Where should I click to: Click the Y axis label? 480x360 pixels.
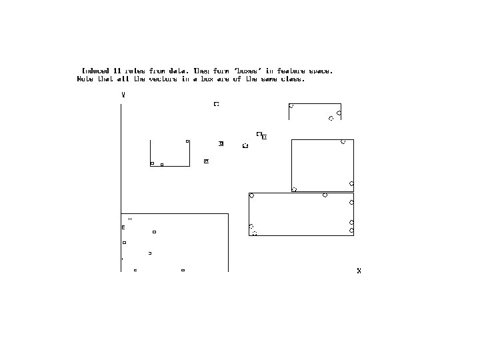coord(123,95)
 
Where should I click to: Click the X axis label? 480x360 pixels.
coord(359,271)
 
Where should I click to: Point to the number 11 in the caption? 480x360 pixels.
coord(118,71)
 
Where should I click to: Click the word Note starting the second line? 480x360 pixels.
coord(85,79)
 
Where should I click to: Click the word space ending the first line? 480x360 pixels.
coord(322,71)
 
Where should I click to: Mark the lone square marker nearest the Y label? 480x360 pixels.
coord(216,104)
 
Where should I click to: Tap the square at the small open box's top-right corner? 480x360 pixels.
coord(187,141)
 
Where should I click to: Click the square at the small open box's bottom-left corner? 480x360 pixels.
coord(152,163)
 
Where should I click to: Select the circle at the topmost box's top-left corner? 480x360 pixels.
coord(291,106)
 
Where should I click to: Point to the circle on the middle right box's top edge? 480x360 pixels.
coord(343,141)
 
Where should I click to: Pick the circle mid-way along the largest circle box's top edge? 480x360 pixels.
coord(325,195)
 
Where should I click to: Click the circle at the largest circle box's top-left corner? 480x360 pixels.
coord(251,195)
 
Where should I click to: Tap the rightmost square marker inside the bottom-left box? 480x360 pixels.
coord(183,270)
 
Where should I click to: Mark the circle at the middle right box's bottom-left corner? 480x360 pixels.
coord(294,189)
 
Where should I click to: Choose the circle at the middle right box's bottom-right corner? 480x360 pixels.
coord(351,183)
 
